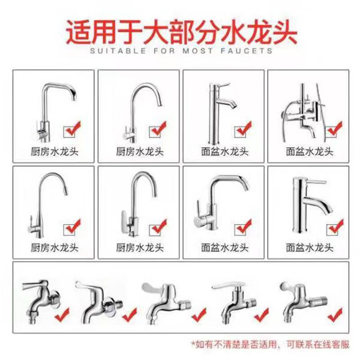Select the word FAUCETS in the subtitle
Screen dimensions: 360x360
(250, 51)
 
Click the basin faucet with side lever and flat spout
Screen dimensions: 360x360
(216, 202)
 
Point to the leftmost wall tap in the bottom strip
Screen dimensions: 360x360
(38, 299)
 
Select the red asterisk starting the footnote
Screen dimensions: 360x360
(193, 344)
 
